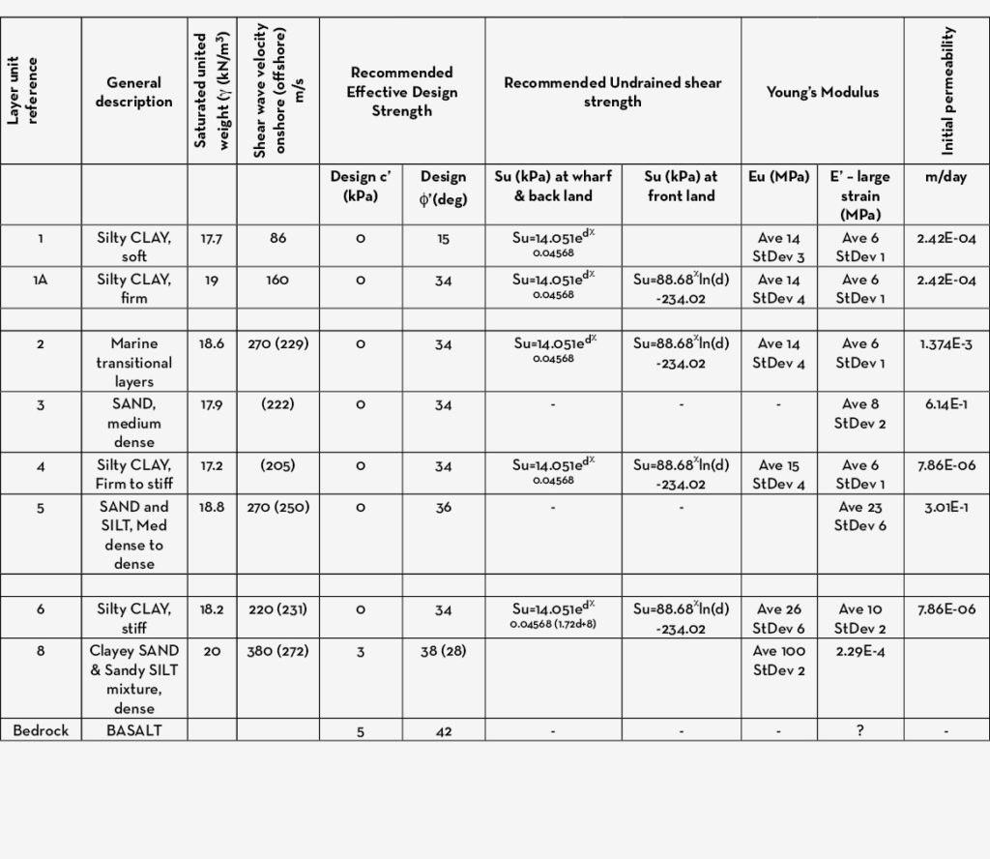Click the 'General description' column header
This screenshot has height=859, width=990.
pyautogui.click(x=133, y=92)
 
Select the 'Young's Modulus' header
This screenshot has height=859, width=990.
pyautogui.click(x=822, y=92)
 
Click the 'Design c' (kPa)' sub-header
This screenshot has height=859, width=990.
pyautogui.click(x=361, y=186)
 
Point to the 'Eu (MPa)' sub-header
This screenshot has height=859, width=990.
pyautogui.click(x=778, y=177)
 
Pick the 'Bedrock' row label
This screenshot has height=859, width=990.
pyautogui.click(x=41, y=731)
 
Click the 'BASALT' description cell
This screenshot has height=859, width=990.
pyautogui.click(x=133, y=731)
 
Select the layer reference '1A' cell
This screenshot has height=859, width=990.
pyautogui.click(x=41, y=280)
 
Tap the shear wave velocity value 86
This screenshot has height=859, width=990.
pyautogui.click(x=278, y=238)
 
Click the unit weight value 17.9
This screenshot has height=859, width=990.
pyautogui.click(x=212, y=404)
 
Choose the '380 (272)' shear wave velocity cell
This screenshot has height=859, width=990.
pyautogui.click(x=278, y=651)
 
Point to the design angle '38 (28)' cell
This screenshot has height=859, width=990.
pyautogui.click(x=444, y=651)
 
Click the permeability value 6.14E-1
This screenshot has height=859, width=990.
pyautogui.click(x=947, y=404)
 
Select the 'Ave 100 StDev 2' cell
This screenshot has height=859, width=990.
pyautogui.click(x=778, y=661)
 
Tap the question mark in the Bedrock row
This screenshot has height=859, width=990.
pyautogui.click(x=859, y=731)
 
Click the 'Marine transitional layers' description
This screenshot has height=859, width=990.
pyautogui.click(x=133, y=363)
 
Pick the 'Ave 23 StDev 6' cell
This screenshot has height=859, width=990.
pyautogui.click(x=859, y=517)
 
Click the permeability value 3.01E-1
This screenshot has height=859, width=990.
pyautogui.click(x=947, y=507)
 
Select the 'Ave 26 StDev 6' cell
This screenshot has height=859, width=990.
pyautogui.click(x=778, y=619)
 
